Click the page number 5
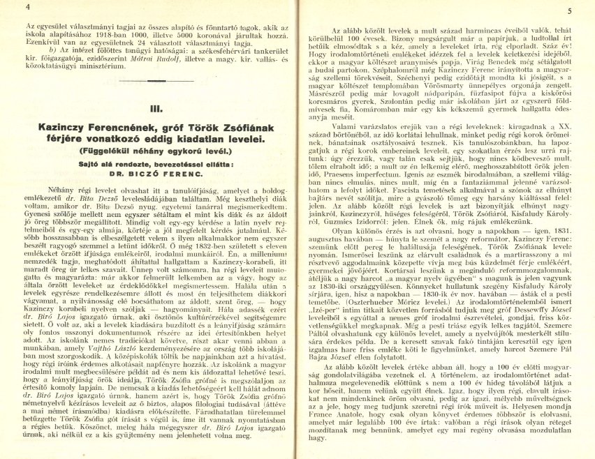coord(570,10)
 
